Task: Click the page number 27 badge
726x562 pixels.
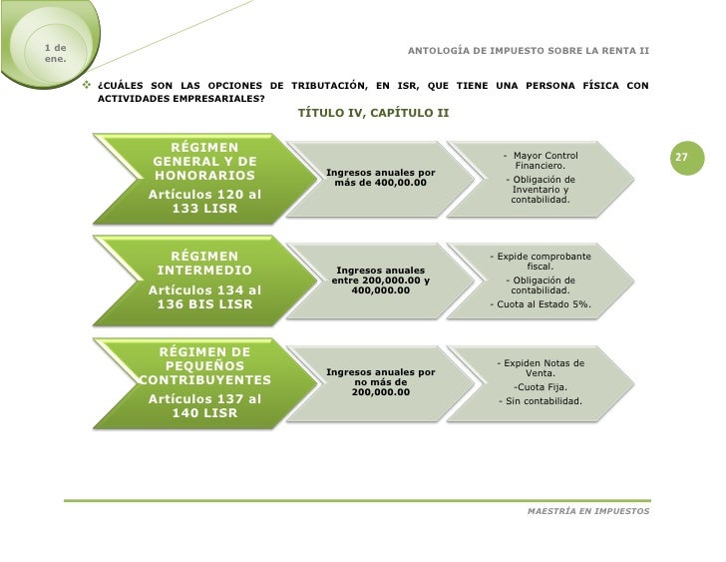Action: coord(682,158)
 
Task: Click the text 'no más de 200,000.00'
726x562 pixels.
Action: coord(380,386)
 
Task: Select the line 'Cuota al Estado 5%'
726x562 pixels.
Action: coord(540,304)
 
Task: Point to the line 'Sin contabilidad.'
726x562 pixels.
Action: coord(540,402)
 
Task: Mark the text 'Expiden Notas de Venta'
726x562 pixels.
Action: coord(540,367)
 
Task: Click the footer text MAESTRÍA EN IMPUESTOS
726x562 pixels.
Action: coord(587,510)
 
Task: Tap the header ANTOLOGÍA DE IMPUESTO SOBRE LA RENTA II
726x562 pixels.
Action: coord(529,50)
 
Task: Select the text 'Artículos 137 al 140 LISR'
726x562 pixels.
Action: coord(204,405)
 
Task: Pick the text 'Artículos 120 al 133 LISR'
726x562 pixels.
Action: coord(204,201)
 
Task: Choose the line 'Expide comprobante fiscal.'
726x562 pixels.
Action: coord(540,262)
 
